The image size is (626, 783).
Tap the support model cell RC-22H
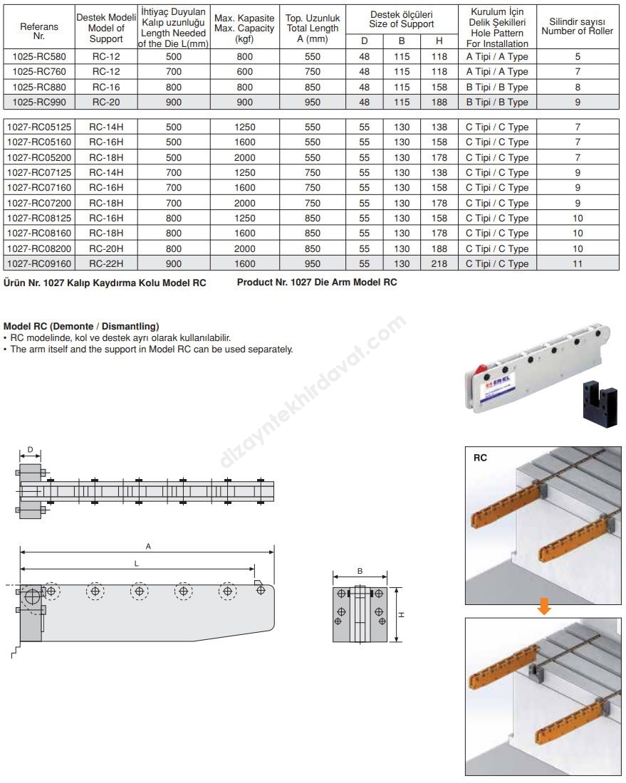pos(106,263)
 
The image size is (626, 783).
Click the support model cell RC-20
pos(106,102)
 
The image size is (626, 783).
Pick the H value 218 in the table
pos(439,263)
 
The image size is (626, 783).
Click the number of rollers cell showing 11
pos(578,263)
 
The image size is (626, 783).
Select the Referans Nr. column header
pos(39,30)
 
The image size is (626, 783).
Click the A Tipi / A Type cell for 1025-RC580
pos(497,56)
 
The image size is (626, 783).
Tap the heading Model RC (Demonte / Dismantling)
pos(81,327)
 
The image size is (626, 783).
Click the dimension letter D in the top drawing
pos(29,449)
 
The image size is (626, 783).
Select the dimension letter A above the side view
pos(148,546)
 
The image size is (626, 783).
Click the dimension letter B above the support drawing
pos(360,571)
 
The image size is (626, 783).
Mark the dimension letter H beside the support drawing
pos(402,615)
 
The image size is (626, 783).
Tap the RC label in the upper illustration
pos(481,459)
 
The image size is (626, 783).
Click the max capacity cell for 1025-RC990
pos(244,102)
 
